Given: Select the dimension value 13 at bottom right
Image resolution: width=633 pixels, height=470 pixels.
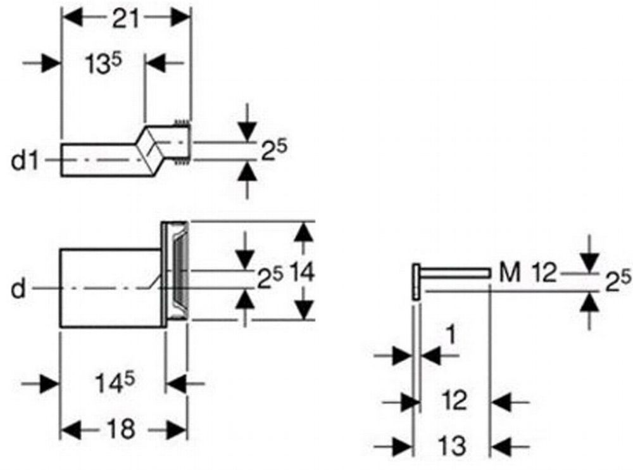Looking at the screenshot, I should [x=452, y=445].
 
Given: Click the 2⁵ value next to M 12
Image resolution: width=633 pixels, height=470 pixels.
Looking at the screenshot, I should [x=616, y=279].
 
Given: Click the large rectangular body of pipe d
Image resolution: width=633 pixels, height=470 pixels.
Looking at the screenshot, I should [x=111, y=288].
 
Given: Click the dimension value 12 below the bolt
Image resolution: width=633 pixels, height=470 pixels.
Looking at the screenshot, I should [x=454, y=400].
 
